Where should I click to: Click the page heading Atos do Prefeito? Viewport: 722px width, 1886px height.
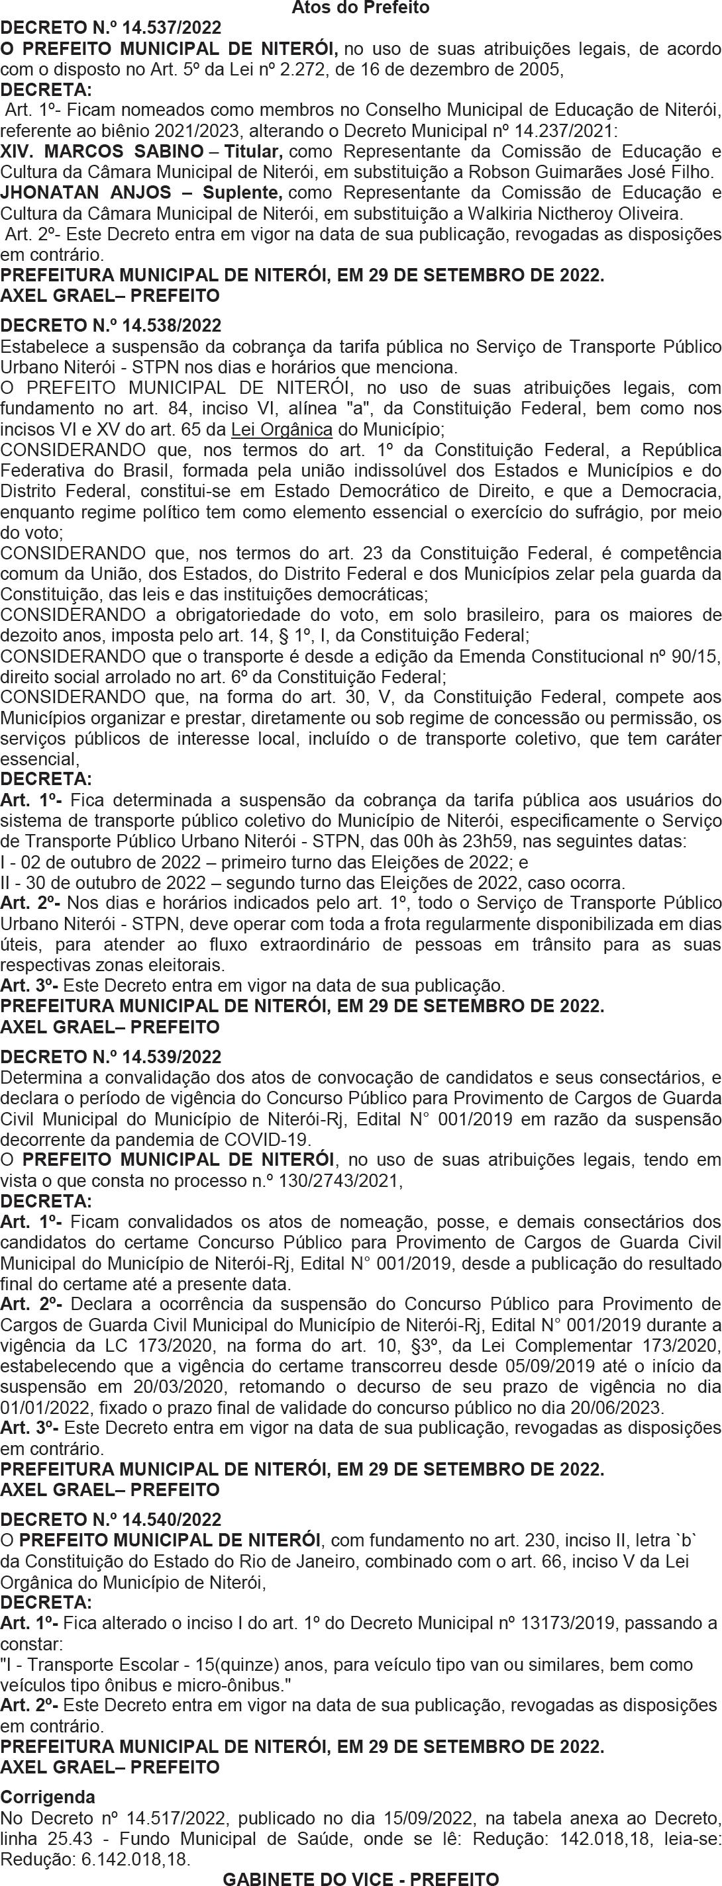coord(360,8)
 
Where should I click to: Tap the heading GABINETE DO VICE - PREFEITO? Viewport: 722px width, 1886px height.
coord(360,1879)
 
